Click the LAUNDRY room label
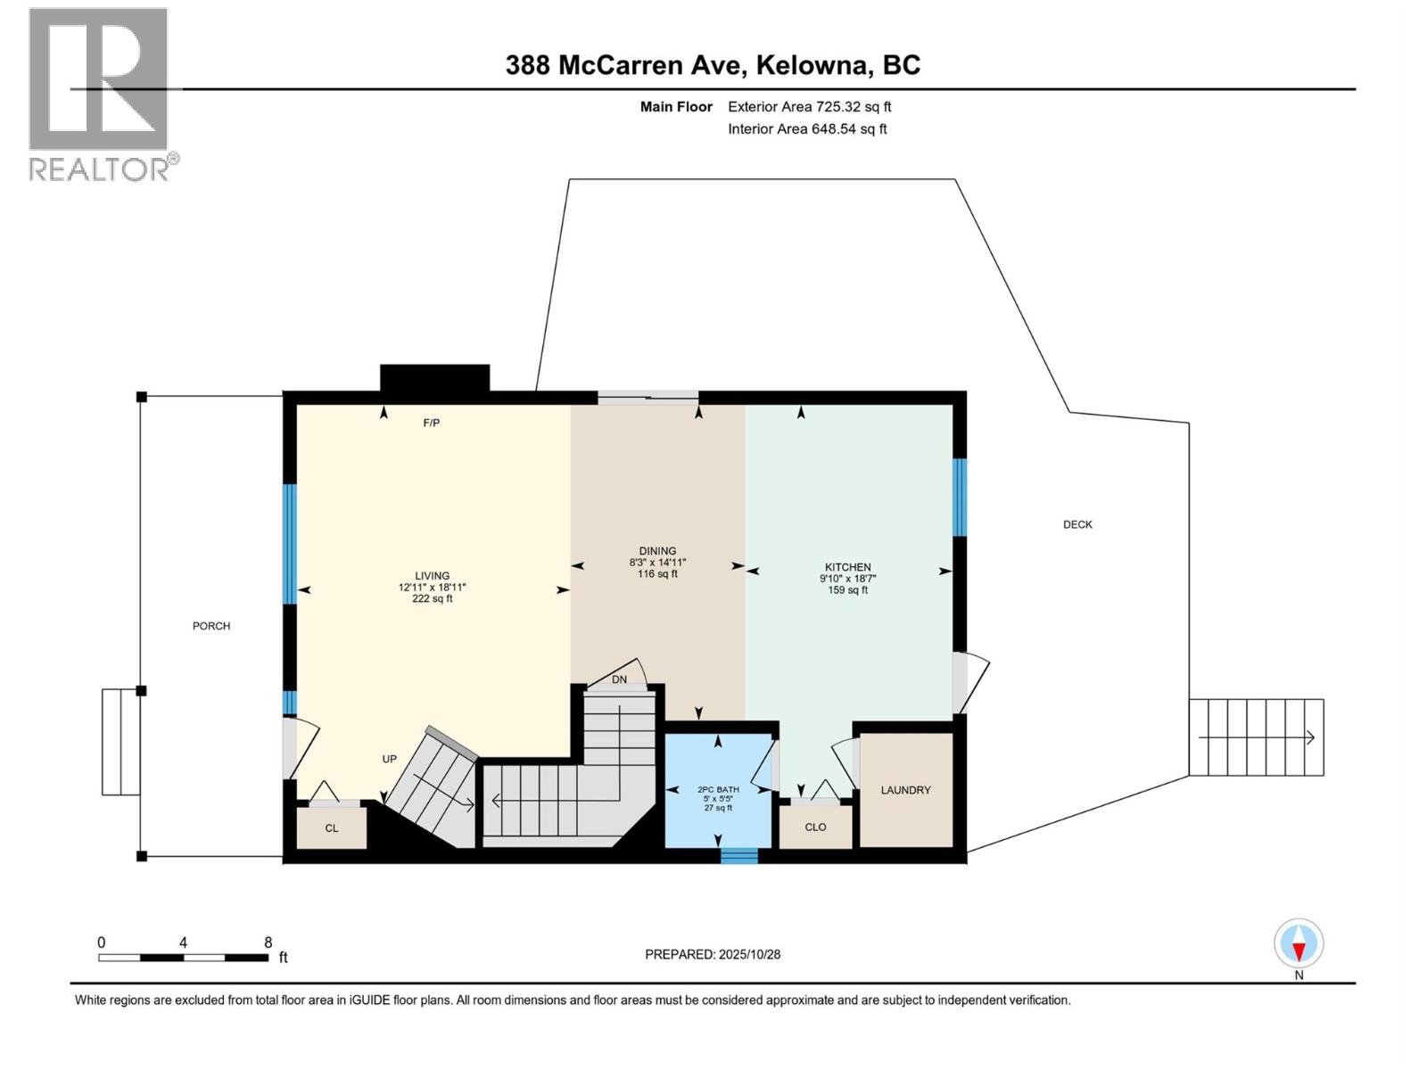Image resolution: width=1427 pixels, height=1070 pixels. click(905, 790)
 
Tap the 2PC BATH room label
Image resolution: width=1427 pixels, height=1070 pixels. click(718, 789)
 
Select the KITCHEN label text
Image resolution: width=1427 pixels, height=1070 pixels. click(847, 567)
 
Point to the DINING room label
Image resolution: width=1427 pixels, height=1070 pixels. click(657, 551)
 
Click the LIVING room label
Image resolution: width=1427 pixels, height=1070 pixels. click(432, 576)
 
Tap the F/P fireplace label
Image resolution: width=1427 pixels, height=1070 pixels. click(431, 423)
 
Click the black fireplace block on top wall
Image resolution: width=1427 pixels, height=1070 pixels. click(434, 378)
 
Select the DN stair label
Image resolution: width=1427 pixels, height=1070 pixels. click(619, 679)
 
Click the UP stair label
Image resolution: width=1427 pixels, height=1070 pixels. click(389, 759)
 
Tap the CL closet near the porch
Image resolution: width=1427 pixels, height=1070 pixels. click(331, 828)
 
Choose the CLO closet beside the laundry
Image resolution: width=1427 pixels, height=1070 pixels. click(815, 827)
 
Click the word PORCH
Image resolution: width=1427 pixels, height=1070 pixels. click(211, 626)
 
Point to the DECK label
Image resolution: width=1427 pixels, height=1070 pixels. click(1077, 524)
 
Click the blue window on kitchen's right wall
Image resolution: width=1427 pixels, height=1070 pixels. click(960, 497)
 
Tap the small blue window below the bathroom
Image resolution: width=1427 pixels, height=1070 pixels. click(738, 856)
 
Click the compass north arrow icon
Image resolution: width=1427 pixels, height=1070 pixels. click(1299, 943)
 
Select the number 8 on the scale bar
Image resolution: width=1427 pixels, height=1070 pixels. click(268, 942)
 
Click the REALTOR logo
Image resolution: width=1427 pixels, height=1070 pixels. click(100, 94)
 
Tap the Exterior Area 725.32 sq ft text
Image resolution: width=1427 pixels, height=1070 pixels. click(809, 107)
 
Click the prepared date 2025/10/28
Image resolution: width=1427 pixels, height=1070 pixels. click(748, 954)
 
